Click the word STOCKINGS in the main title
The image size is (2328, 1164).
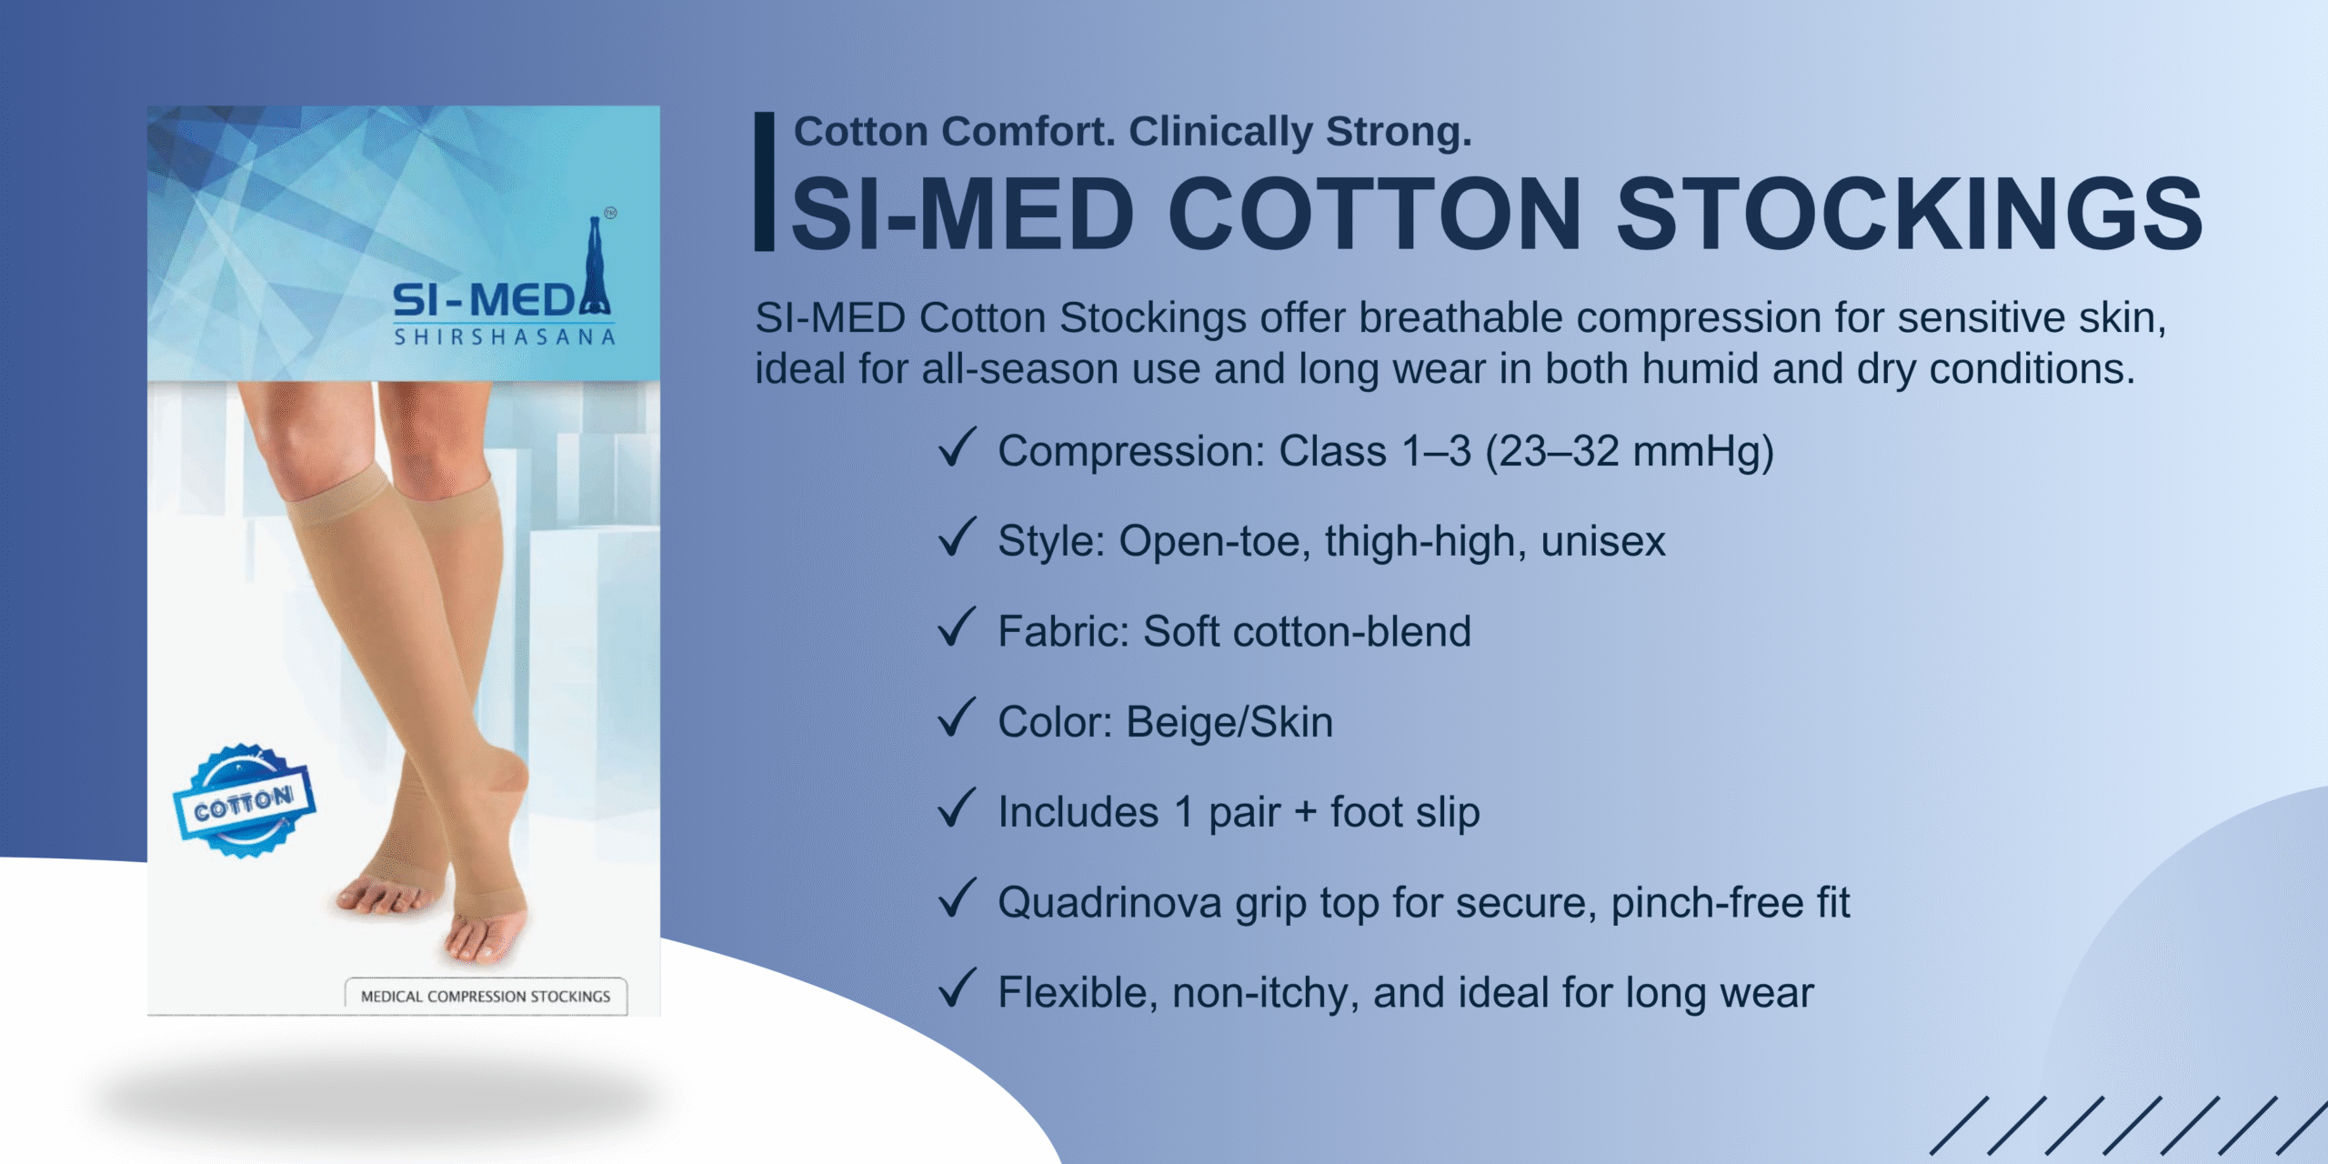click(x=1909, y=214)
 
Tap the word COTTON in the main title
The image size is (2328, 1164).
click(x=1375, y=214)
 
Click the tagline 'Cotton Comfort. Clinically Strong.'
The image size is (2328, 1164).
click(x=1132, y=132)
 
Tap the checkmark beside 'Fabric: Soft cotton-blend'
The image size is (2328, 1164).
click(x=957, y=627)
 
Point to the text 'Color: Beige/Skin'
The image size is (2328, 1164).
click(x=1165, y=722)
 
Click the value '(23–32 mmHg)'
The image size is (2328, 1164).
click(x=1629, y=452)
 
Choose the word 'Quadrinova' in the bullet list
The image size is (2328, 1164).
click(x=1109, y=904)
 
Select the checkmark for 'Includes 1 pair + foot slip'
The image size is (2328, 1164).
click(x=957, y=808)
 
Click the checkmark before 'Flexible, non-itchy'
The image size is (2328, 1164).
click(x=957, y=988)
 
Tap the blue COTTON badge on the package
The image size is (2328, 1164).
click(x=244, y=801)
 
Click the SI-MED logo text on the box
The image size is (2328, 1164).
click(x=485, y=300)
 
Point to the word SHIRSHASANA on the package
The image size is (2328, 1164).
click(x=505, y=337)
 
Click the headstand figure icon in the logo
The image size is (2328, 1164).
click(x=596, y=265)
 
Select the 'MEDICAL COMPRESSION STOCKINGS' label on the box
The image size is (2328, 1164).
click(x=486, y=997)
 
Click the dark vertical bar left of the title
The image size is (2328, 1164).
click(x=764, y=181)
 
